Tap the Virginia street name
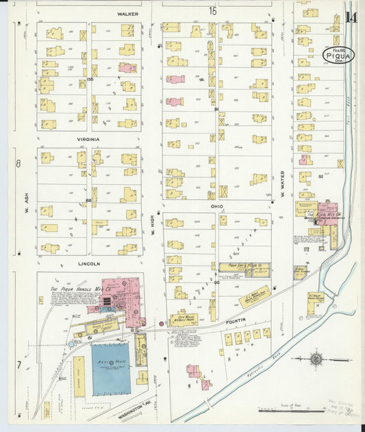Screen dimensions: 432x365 89,139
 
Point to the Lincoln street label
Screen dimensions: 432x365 89,263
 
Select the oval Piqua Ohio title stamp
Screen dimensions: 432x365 338,55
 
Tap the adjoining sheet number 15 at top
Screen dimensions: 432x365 213,11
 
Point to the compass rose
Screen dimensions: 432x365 316,359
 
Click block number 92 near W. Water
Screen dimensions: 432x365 320,176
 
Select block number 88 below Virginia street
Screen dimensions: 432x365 88,200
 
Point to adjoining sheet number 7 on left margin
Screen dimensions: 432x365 18,365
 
